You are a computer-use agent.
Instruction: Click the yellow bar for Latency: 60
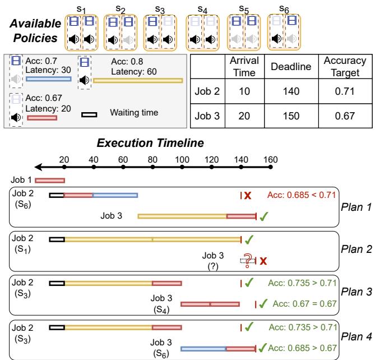(x=137, y=81)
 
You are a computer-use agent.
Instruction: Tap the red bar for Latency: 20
(x=42, y=118)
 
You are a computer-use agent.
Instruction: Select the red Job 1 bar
(x=50, y=181)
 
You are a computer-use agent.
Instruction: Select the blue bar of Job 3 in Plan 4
(x=203, y=349)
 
